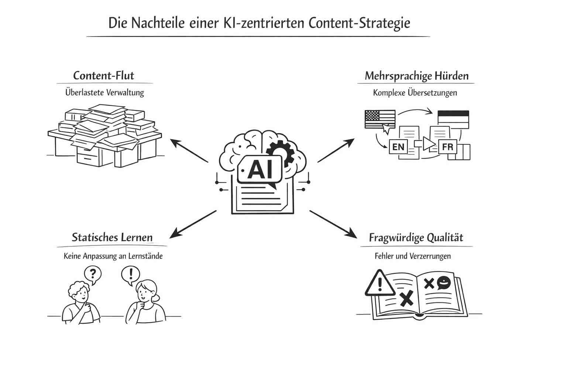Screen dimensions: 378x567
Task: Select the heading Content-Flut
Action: [104, 76]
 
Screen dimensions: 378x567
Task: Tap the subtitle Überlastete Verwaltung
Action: [104, 92]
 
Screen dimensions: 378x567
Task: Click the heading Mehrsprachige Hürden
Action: [416, 76]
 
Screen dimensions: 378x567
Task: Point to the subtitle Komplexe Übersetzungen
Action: [415, 93]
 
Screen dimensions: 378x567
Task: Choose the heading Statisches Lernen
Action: [112, 237]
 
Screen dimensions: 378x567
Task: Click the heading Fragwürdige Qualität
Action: [416, 238]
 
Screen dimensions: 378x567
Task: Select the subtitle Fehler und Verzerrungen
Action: [412, 256]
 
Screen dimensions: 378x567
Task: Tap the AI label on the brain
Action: [261, 169]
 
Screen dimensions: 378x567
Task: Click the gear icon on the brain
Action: [281, 152]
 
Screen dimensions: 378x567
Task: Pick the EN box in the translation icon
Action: [398, 147]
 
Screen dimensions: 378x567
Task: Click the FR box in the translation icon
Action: [447, 147]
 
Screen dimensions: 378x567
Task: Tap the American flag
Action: [379, 119]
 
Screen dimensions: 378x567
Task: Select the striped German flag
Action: [453, 119]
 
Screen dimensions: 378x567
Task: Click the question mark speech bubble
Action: [93, 274]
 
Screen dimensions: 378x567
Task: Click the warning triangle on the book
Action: [379, 283]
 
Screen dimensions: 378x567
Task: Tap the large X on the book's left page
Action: [406, 298]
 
